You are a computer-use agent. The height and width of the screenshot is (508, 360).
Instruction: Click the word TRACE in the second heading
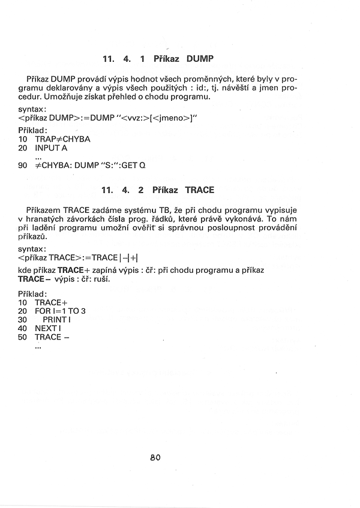click(x=200, y=190)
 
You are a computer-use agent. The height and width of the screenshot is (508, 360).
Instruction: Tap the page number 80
click(x=155, y=457)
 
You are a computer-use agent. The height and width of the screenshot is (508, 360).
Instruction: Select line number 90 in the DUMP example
click(x=23, y=165)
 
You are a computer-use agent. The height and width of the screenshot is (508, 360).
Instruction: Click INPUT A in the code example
click(x=51, y=148)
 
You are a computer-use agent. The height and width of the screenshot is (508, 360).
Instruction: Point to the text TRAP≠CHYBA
click(x=62, y=139)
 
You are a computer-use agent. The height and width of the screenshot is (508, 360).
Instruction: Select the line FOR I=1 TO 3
click(x=61, y=311)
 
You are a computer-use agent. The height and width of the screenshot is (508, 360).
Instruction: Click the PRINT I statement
click(x=57, y=320)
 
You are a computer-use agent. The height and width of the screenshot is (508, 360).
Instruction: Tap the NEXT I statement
click(x=48, y=328)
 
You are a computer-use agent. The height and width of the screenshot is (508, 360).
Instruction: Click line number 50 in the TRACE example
click(x=23, y=337)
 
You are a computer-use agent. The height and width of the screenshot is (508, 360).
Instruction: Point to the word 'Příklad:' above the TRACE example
click(x=33, y=294)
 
